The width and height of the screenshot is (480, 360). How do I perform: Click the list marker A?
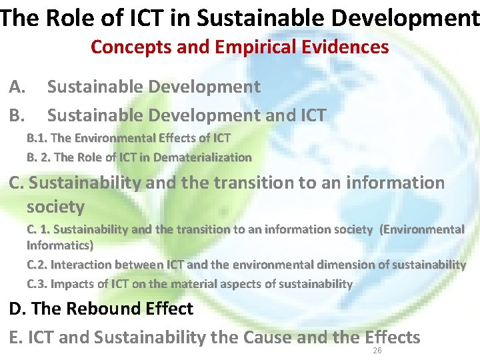pyautogui.click(x=18, y=87)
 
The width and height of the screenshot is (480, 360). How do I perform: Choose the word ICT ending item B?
pyautogui.click(x=309, y=115)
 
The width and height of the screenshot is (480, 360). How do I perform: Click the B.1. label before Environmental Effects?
pyautogui.click(x=37, y=138)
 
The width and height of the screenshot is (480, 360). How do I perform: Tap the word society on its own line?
pyautogui.click(x=55, y=207)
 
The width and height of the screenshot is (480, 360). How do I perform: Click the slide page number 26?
pyautogui.click(x=377, y=351)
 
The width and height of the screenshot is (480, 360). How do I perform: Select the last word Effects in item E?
pyautogui.click(x=393, y=337)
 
